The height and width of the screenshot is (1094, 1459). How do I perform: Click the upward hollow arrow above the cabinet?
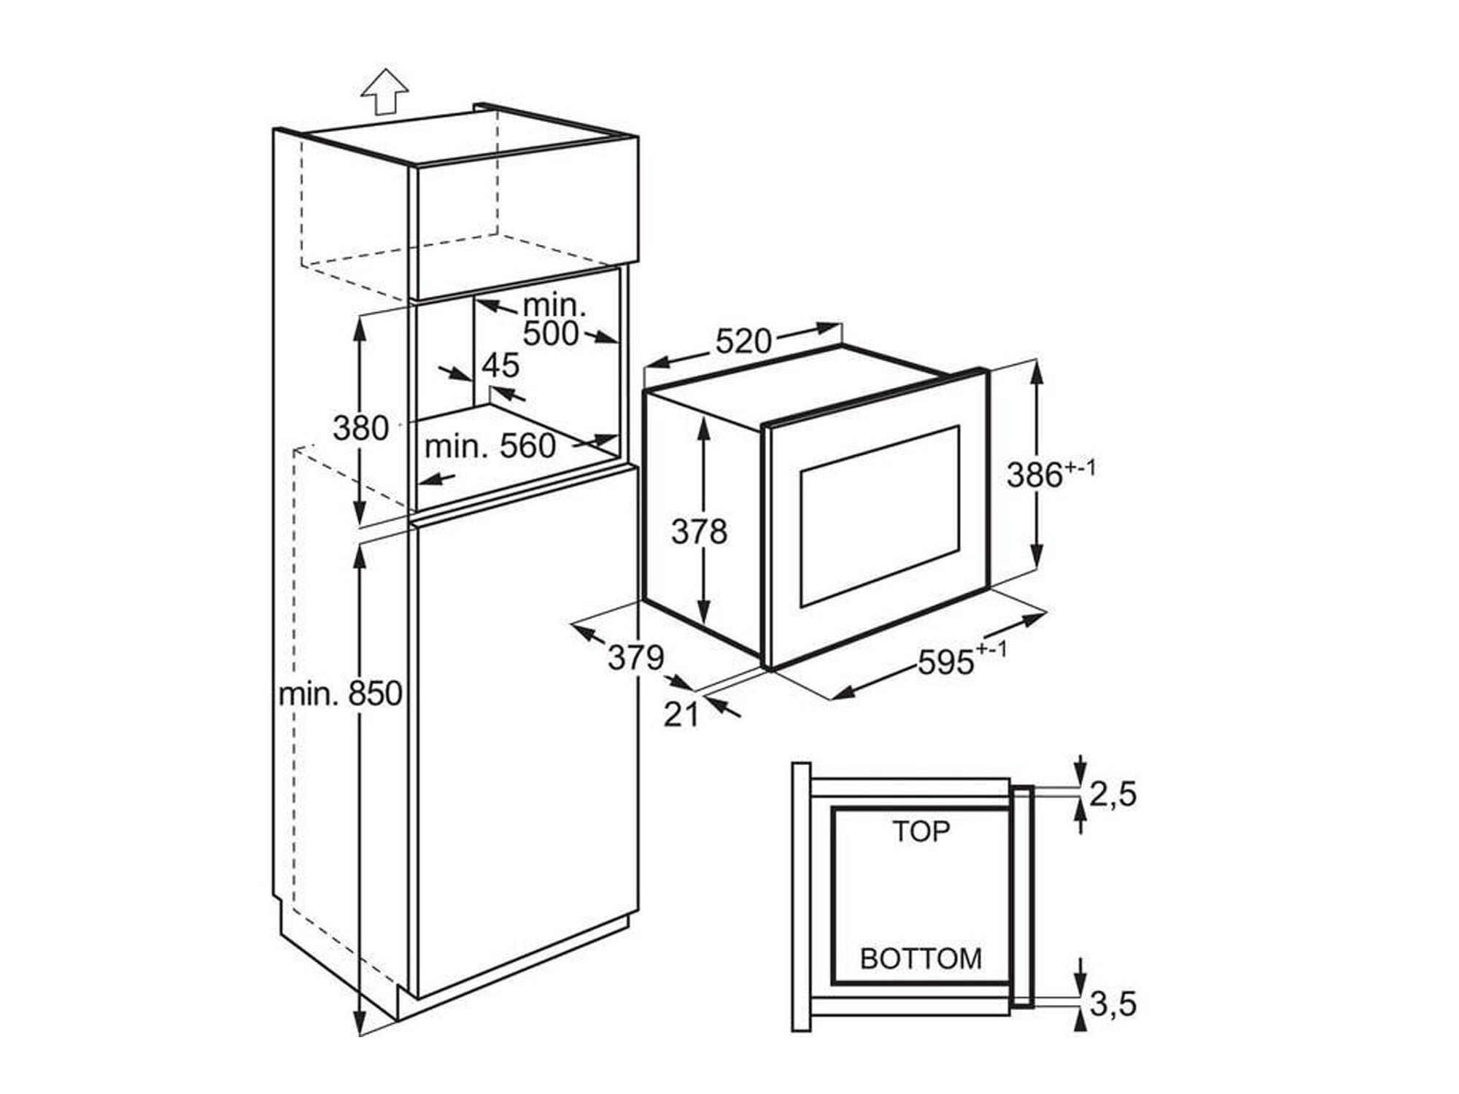tap(384, 92)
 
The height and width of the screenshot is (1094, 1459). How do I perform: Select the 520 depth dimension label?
tap(743, 341)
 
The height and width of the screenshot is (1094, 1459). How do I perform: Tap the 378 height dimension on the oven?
tap(699, 532)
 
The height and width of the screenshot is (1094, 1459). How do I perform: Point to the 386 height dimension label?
tap(1051, 474)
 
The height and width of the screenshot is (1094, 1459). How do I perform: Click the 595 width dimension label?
tap(961, 661)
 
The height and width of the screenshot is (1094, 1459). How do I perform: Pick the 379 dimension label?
tap(636, 658)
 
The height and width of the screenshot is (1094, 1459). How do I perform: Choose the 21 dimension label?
tap(681, 715)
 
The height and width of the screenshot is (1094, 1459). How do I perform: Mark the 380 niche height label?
tap(360, 428)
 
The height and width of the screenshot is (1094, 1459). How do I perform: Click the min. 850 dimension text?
tap(341, 694)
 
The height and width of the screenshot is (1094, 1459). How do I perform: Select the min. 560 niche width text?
tap(490, 446)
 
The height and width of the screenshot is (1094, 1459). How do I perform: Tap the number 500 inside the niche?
tap(551, 333)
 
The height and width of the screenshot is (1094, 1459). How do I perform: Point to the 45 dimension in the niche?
tap(501, 365)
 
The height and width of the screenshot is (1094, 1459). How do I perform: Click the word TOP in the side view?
tap(921, 831)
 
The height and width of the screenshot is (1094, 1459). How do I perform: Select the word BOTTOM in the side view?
tap(921, 958)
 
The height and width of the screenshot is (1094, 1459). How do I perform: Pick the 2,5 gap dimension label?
tap(1113, 794)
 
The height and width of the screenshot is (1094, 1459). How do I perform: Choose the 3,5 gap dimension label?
tap(1113, 1004)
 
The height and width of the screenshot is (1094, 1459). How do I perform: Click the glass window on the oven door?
tap(880, 516)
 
